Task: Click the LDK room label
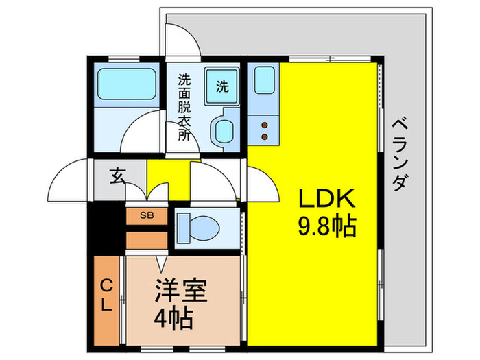[x=326, y=200]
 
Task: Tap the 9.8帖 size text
[x=326, y=226]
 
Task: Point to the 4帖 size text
[x=172, y=317]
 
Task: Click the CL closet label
[x=106, y=296]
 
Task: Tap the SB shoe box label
[x=147, y=215]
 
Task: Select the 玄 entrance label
[x=117, y=176]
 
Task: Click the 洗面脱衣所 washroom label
[x=184, y=106]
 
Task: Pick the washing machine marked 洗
[x=222, y=86]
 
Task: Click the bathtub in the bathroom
[x=128, y=84]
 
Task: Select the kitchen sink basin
[x=264, y=82]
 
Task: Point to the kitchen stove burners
[x=264, y=126]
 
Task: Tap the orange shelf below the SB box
[x=147, y=240]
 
